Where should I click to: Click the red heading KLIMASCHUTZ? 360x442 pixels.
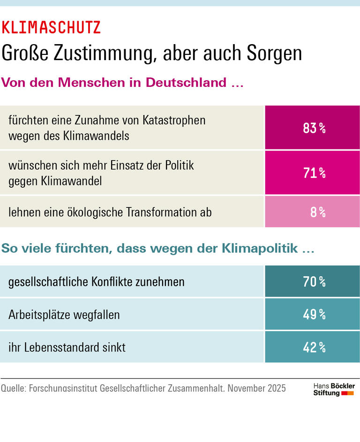click(x=51, y=28)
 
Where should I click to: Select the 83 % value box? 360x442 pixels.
click(x=313, y=128)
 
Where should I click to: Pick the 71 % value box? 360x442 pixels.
click(x=313, y=173)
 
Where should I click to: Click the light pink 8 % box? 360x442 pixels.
click(x=313, y=212)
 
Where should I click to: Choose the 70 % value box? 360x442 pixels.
click(x=313, y=282)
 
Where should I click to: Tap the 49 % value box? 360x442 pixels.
click(x=313, y=314)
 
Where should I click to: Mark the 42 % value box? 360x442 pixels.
click(x=313, y=347)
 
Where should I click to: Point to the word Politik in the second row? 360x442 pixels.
click(x=177, y=166)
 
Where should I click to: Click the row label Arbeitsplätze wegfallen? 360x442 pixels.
click(x=64, y=314)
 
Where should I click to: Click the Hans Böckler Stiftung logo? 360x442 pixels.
click(x=334, y=389)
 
